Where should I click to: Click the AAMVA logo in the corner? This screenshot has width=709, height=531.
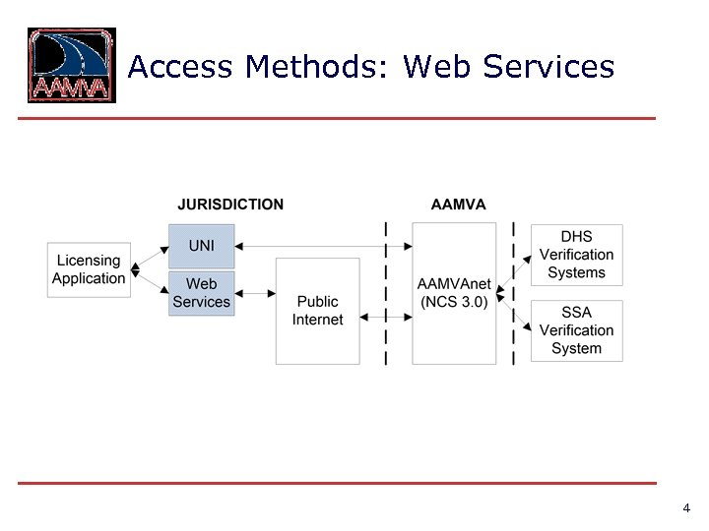click(71, 66)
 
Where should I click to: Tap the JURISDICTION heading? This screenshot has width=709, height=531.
click(230, 205)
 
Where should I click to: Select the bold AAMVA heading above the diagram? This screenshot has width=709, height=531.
click(458, 205)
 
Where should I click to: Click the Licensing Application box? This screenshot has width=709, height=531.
click(89, 269)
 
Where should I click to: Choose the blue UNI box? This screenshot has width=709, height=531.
click(201, 245)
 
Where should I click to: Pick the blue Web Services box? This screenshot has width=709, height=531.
click(201, 293)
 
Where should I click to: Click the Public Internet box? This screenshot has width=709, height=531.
click(317, 311)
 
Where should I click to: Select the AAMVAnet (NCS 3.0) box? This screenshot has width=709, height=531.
click(453, 293)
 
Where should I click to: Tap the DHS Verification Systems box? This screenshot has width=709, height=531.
click(576, 255)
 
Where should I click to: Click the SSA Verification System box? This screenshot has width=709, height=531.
click(576, 330)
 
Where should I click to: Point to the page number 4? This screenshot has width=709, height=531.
click(685, 508)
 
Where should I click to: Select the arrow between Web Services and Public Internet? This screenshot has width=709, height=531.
click(256, 293)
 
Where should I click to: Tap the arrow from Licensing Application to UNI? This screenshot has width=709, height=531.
click(149, 256)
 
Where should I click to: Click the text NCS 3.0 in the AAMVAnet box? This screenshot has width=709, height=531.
click(453, 302)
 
